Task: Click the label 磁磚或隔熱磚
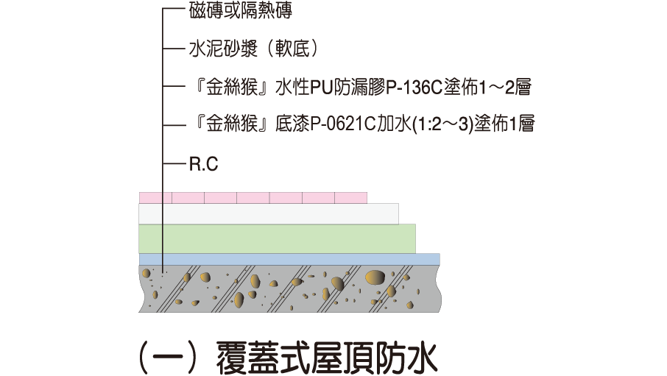point(240,10)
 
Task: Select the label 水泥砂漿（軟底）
point(254,49)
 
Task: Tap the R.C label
point(204,164)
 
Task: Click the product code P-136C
point(414,88)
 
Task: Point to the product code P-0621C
point(343,124)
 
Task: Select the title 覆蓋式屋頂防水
point(327,358)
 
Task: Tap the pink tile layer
point(253,198)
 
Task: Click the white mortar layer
point(269,213)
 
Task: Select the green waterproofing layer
point(277,238)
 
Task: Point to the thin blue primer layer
point(289,259)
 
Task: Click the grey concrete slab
point(289,288)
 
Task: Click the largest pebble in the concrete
point(375,277)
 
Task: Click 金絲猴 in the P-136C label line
point(232,88)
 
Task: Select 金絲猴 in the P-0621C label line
point(232,124)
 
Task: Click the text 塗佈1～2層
point(487,88)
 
